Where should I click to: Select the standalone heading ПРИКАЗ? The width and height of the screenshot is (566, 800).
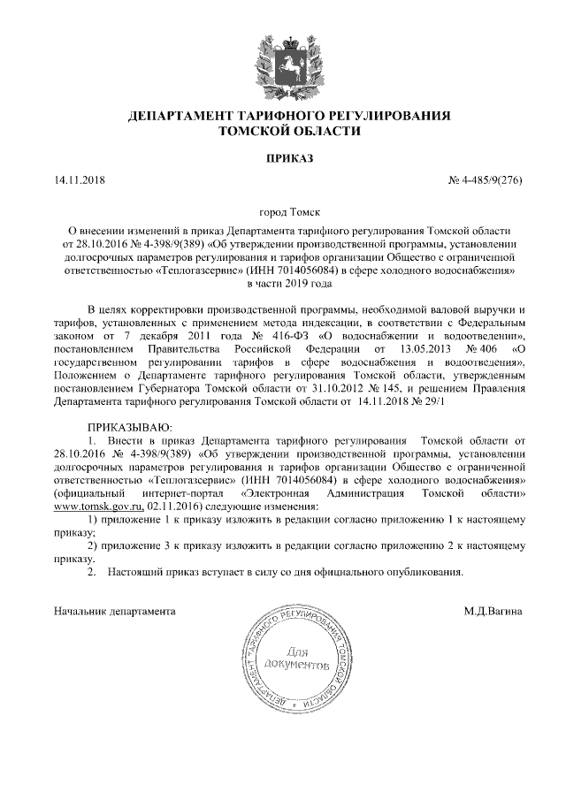tap(289, 158)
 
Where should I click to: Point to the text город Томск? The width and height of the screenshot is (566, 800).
tap(289, 213)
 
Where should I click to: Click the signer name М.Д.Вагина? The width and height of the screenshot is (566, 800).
tap(493, 610)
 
